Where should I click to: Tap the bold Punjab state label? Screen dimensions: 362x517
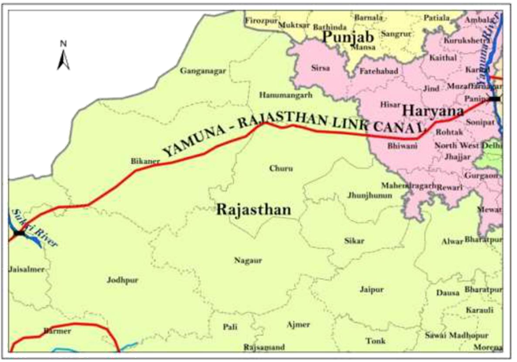(336, 37)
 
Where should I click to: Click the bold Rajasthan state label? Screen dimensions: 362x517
(253, 210)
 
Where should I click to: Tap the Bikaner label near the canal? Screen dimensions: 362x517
(144, 161)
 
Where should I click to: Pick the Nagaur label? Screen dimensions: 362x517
(247, 259)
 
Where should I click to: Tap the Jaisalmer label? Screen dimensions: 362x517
(25, 269)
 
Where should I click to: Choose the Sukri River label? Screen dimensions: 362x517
(24, 218)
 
